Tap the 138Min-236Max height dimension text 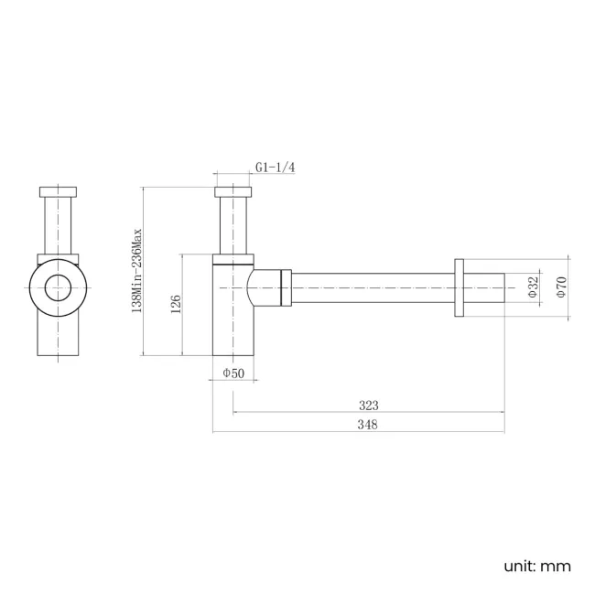pyautogui.click(x=137, y=271)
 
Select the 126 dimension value pyautogui.click(x=175, y=304)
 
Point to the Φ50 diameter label pyautogui.click(x=233, y=373)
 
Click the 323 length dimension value pyautogui.click(x=368, y=405)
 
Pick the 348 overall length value pyautogui.click(x=368, y=424)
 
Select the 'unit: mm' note pyautogui.click(x=536, y=566)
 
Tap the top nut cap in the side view pyautogui.click(x=233, y=192)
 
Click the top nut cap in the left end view pyautogui.click(x=61, y=192)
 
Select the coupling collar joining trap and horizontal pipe pyautogui.click(x=286, y=287)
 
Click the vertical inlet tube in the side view pyautogui.click(x=233, y=224)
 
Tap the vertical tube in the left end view pyautogui.click(x=61, y=224)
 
